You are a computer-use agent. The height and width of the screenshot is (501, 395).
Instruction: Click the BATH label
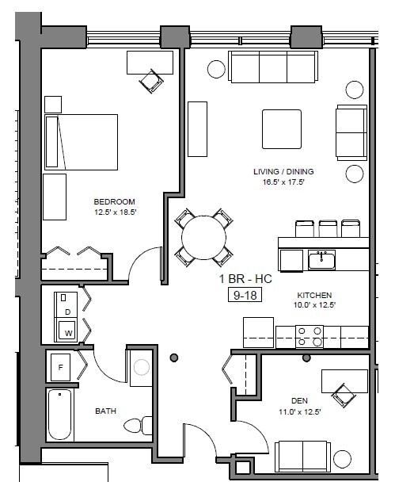[106, 411]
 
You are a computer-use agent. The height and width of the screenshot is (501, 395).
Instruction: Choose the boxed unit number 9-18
[242, 295]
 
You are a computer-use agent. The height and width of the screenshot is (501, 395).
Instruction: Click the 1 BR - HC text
[242, 280]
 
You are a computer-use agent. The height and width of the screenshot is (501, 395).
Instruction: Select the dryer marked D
[67, 312]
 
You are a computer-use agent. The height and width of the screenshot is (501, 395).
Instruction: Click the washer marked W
[68, 332]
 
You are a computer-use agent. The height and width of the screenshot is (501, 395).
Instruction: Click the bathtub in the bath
[61, 415]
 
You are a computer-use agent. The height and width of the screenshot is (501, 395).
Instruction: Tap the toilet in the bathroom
[139, 426]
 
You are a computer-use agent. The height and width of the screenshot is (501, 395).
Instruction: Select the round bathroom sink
[142, 367]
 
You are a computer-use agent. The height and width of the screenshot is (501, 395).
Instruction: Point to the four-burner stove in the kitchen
[309, 337]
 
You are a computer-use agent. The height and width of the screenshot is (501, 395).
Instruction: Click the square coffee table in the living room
[282, 129]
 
